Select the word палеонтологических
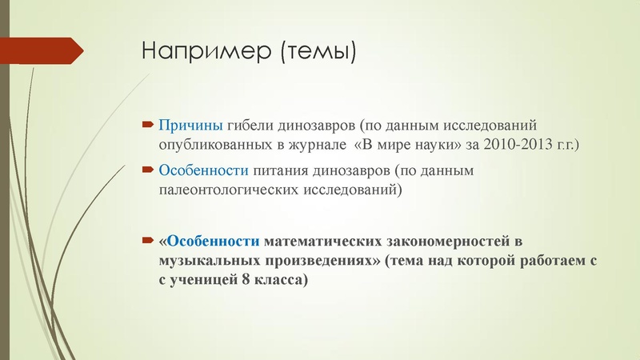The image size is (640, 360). tap(234, 191)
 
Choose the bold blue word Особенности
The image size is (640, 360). tap(214, 241)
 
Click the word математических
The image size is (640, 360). tap(327, 241)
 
